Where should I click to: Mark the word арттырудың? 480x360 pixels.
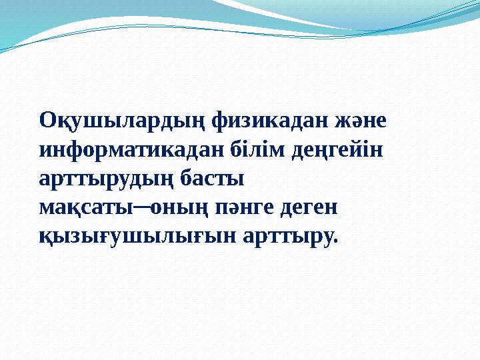coord(105,179)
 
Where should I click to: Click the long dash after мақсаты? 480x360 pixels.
coord(143,207)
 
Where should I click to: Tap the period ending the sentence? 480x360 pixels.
coord(336,241)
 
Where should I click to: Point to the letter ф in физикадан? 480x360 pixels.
coord(221,123)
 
